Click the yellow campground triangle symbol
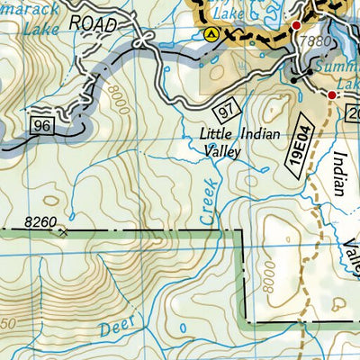point(211,35)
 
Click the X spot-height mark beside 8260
point(63,231)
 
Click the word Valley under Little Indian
point(221,153)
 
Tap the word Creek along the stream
point(207,203)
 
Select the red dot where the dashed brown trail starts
point(331,95)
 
